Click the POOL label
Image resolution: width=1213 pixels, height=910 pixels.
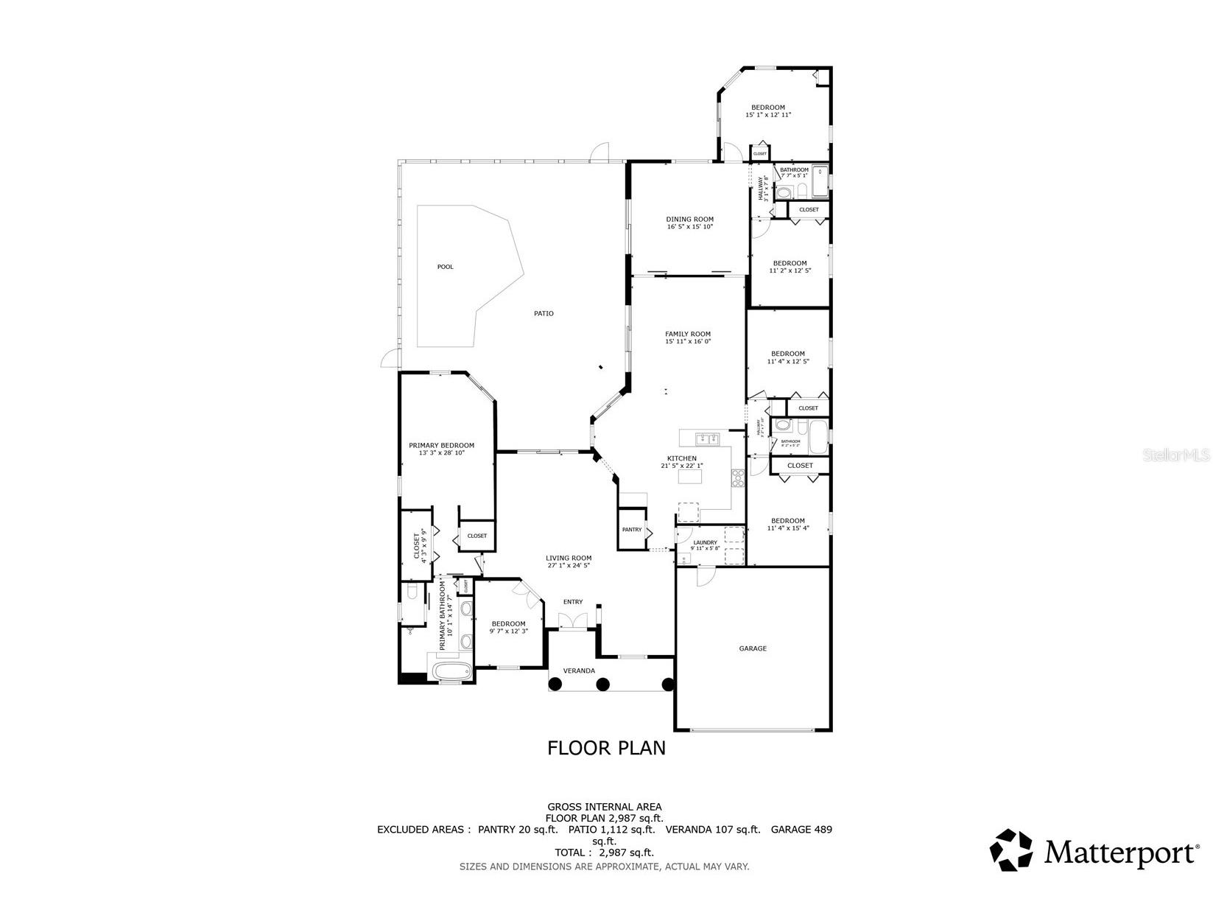click(446, 267)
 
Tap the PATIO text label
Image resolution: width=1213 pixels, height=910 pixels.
click(544, 314)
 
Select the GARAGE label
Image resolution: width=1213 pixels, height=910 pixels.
click(753, 648)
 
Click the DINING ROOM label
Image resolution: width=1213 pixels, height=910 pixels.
click(690, 219)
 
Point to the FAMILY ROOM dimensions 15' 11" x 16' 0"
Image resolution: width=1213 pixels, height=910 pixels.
click(688, 342)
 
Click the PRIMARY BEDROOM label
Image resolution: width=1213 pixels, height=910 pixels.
click(441, 445)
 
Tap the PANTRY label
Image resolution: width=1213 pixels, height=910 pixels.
click(631, 530)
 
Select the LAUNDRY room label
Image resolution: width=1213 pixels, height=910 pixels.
click(705, 543)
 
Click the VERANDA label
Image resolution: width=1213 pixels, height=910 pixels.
click(579, 671)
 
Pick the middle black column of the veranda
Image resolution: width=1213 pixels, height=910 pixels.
click(602, 685)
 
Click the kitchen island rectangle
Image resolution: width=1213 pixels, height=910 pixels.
click(690, 477)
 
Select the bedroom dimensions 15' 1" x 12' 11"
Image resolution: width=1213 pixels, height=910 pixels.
click(768, 115)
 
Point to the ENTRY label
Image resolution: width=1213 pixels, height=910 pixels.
click(573, 602)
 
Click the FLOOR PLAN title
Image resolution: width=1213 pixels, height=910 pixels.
click(606, 748)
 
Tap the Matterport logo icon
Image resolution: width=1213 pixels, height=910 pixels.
click(1011, 850)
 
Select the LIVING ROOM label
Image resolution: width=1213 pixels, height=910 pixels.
click(569, 558)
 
